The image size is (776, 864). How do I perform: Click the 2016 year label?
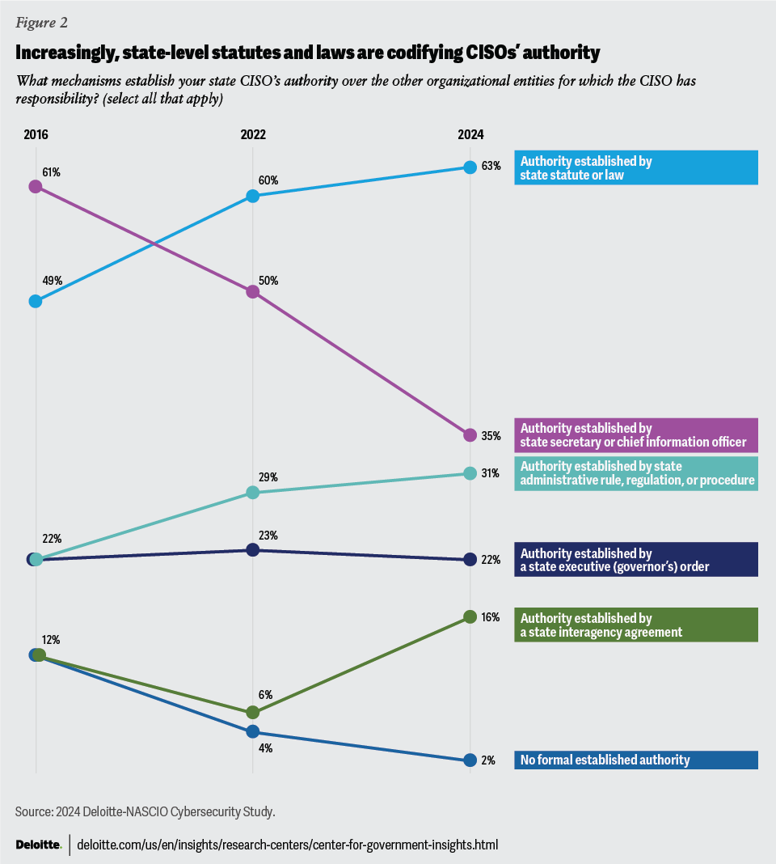pos(36,135)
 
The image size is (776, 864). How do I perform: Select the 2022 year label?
pos(252,135)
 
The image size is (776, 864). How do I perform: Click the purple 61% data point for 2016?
pos(36,187)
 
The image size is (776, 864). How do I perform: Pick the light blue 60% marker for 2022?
pos(252,196)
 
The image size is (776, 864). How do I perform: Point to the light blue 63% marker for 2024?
pos(469,167)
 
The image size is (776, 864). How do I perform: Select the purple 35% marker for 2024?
pos(469,435)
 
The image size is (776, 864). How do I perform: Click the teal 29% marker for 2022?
pos(252,492)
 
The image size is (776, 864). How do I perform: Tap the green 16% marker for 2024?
pos(469,617)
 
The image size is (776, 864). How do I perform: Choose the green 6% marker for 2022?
pos(252,712)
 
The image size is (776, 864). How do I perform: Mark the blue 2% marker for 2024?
pos(469,760)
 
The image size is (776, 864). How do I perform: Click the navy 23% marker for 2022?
pos(252,550)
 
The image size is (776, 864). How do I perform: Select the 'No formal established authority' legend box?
pos(635,760)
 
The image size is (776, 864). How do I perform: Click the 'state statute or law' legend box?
pos(635,167)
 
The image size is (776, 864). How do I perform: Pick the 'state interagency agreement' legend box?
pos(635,625)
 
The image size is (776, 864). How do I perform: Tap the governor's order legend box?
pos(635,560)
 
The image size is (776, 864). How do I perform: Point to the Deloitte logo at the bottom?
pos(38,845)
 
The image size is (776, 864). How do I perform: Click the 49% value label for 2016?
pos(52,282)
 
